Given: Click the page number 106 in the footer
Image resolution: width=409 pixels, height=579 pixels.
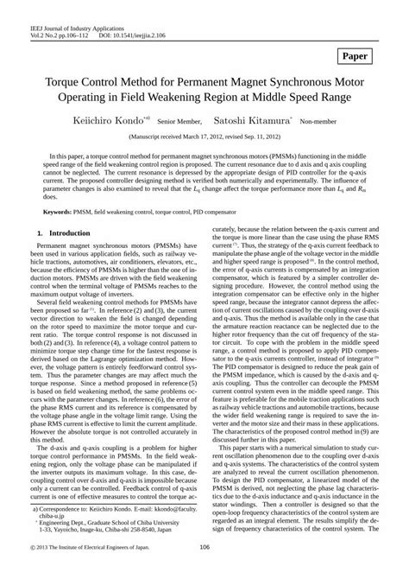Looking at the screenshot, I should pyautogui.click(x=204, y=571).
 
